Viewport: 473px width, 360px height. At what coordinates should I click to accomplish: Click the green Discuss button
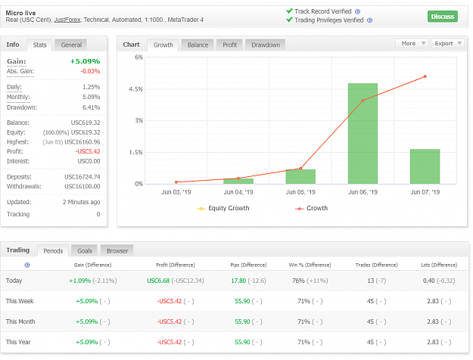click(442, 17)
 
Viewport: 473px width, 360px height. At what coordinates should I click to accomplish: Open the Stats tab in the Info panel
click(39, 45)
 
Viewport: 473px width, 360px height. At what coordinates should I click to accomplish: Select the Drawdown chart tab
click(266, 45)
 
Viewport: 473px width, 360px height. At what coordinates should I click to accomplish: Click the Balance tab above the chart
click(198, 45)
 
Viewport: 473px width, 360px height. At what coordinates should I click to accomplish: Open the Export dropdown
click(448, 43)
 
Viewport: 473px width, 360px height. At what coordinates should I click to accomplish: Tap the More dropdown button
click(412, 43)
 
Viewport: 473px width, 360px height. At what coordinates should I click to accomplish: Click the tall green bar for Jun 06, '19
click(363, 134)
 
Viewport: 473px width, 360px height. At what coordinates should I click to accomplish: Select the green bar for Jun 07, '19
click(425, 166)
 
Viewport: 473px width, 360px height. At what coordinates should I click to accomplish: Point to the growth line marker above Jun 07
click(425, 76)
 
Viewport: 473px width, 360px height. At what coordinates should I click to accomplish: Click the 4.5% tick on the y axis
click(135, 89)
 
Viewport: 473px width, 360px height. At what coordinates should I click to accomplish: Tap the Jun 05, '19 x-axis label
click(300, 192)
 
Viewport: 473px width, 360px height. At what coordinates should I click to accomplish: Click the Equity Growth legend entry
click(223, 208)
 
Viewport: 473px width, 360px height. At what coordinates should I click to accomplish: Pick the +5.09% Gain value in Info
click(85, 61)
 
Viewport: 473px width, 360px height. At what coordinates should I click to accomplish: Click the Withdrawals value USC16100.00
click(82, 186)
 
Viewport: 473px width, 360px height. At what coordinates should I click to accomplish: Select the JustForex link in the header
click(67, 20)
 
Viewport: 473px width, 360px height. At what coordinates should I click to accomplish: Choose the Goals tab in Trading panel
click(85, 251)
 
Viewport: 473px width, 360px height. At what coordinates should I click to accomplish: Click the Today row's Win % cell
click(310, 281)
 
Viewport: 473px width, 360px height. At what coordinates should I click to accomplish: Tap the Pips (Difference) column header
click(248, 265)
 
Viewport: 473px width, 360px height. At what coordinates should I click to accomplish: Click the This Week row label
click(20, 301)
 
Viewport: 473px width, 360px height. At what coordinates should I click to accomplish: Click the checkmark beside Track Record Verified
click(289, 11)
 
